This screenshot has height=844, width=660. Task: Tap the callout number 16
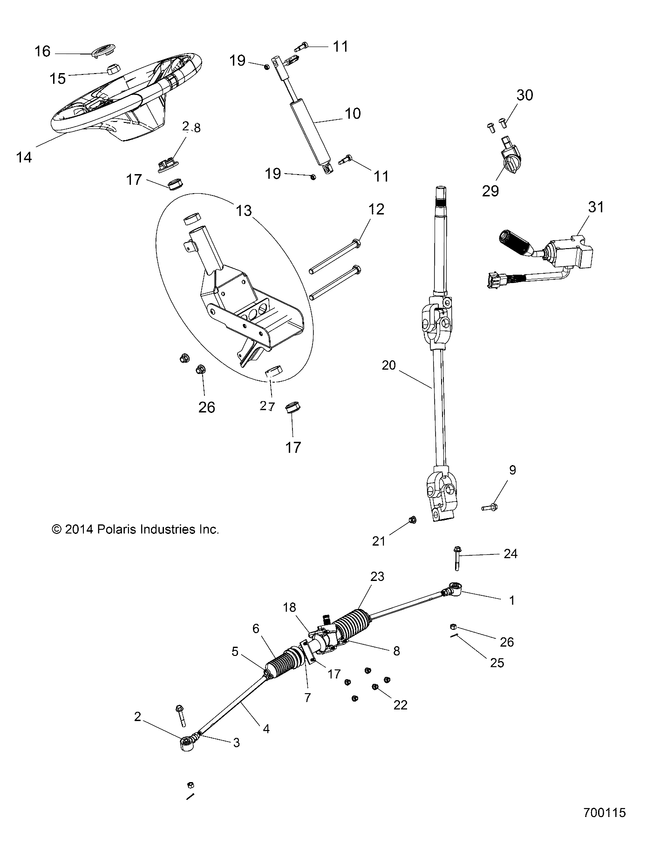point(42,51)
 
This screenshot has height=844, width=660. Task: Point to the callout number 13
point(244,211)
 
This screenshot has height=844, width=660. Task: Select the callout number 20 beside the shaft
point(388,365)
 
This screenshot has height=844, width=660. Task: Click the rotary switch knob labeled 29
point(509,164)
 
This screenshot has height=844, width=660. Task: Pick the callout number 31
point(596,207)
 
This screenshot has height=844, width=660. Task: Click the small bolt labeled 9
point(490,506)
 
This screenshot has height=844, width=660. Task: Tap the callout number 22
point(400,705)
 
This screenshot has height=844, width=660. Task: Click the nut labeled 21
point(412,520)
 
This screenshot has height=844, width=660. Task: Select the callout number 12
point(376,209)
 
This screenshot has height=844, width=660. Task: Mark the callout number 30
point(524,95)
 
